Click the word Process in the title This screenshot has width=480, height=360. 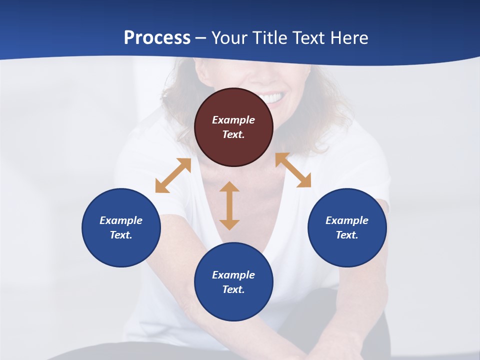[157, 38]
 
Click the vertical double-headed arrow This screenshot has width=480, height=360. [229, 205]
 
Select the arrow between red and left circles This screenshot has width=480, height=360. [173, 175]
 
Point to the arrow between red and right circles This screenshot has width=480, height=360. [293, 170]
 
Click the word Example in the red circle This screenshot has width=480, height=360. [233, 120]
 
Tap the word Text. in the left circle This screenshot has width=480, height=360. [121, 235]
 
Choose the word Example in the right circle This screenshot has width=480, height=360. [347, 220]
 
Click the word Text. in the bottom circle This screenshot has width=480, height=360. [233, 289]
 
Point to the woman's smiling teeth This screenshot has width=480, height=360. [270, 98]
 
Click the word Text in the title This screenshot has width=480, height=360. [308, 38]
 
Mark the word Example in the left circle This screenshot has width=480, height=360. [121, 220]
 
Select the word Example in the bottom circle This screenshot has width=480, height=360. [233, 275]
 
